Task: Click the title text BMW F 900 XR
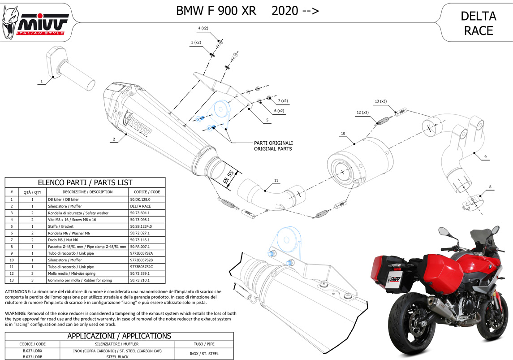[x=216, y=11]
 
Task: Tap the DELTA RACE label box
[x=479, y=23]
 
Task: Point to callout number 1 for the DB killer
[x=41, y=82]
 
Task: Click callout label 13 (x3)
[x=380, y=101]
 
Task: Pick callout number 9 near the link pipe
[x=485, y=157]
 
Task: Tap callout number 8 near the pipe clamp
[x=490, y=187]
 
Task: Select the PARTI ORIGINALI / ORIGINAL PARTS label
[x=273, y=146]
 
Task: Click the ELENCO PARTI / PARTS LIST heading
[x=85, y=182]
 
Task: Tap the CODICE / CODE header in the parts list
[x=147, y=192]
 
